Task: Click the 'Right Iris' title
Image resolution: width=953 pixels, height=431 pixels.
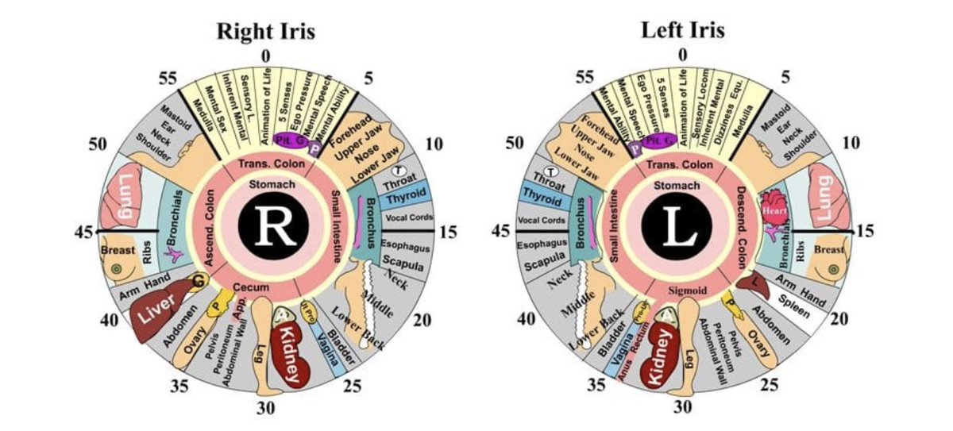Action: point(266,32)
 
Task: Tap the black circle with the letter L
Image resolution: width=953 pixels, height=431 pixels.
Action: point(681,226)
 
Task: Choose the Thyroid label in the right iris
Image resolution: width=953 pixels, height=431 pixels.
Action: point(405,192)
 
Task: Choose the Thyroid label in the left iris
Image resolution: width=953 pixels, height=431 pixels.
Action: point(542,197)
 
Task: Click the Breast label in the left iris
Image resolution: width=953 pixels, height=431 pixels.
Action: point(830,249)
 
